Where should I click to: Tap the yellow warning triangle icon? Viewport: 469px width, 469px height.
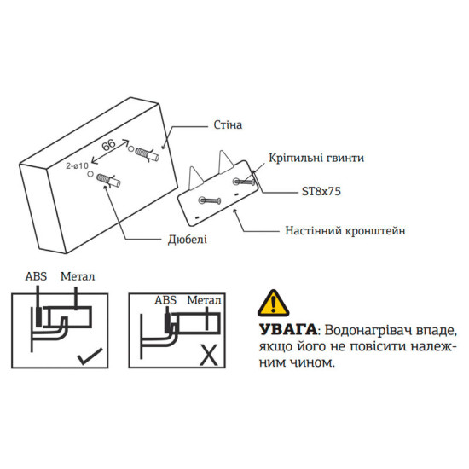click(274, 303)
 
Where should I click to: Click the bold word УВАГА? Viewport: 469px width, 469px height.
click(284, 329)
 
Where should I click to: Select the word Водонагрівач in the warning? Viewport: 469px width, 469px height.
click(365, 329)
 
